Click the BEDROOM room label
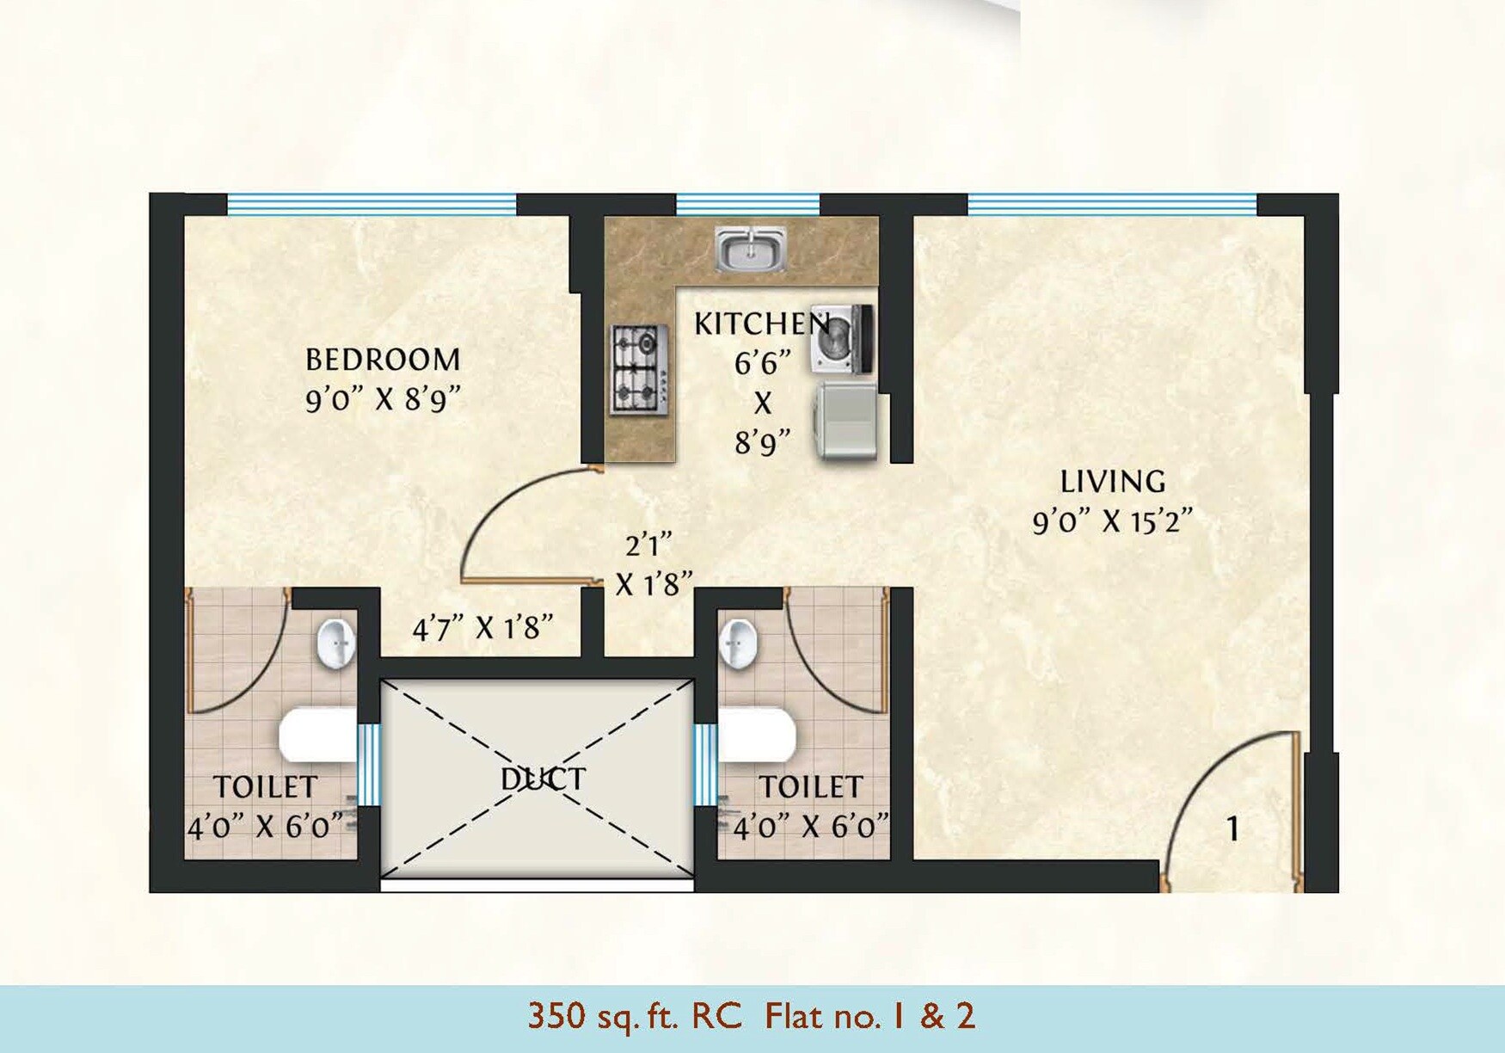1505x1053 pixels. (x=383, y=360)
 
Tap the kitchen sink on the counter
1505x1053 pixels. (x=751, y=249)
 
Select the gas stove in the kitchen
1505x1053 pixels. (x=640, y=370)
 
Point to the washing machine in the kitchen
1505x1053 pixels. (x=842, y=339)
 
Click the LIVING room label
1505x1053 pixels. (x=1112, y=482)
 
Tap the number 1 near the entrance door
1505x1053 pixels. (x=1233, y=829)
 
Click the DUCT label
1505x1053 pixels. (x=543, y=779)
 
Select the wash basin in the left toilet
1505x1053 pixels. (x=336, y=643)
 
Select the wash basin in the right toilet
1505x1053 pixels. (x=738, y=643)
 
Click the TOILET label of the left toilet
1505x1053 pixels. (x=265, y=787)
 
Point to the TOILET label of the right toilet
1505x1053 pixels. (x=810, y=787)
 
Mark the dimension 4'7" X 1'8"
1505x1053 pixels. (x=482, y=629)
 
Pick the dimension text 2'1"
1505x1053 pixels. (x=648, y=545)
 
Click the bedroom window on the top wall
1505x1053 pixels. (x=372, y=205)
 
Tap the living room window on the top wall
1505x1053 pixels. (x=1112, y=205)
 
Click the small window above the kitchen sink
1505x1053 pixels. (x=747, y=205)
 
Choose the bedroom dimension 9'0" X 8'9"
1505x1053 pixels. (x=383, y=400)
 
